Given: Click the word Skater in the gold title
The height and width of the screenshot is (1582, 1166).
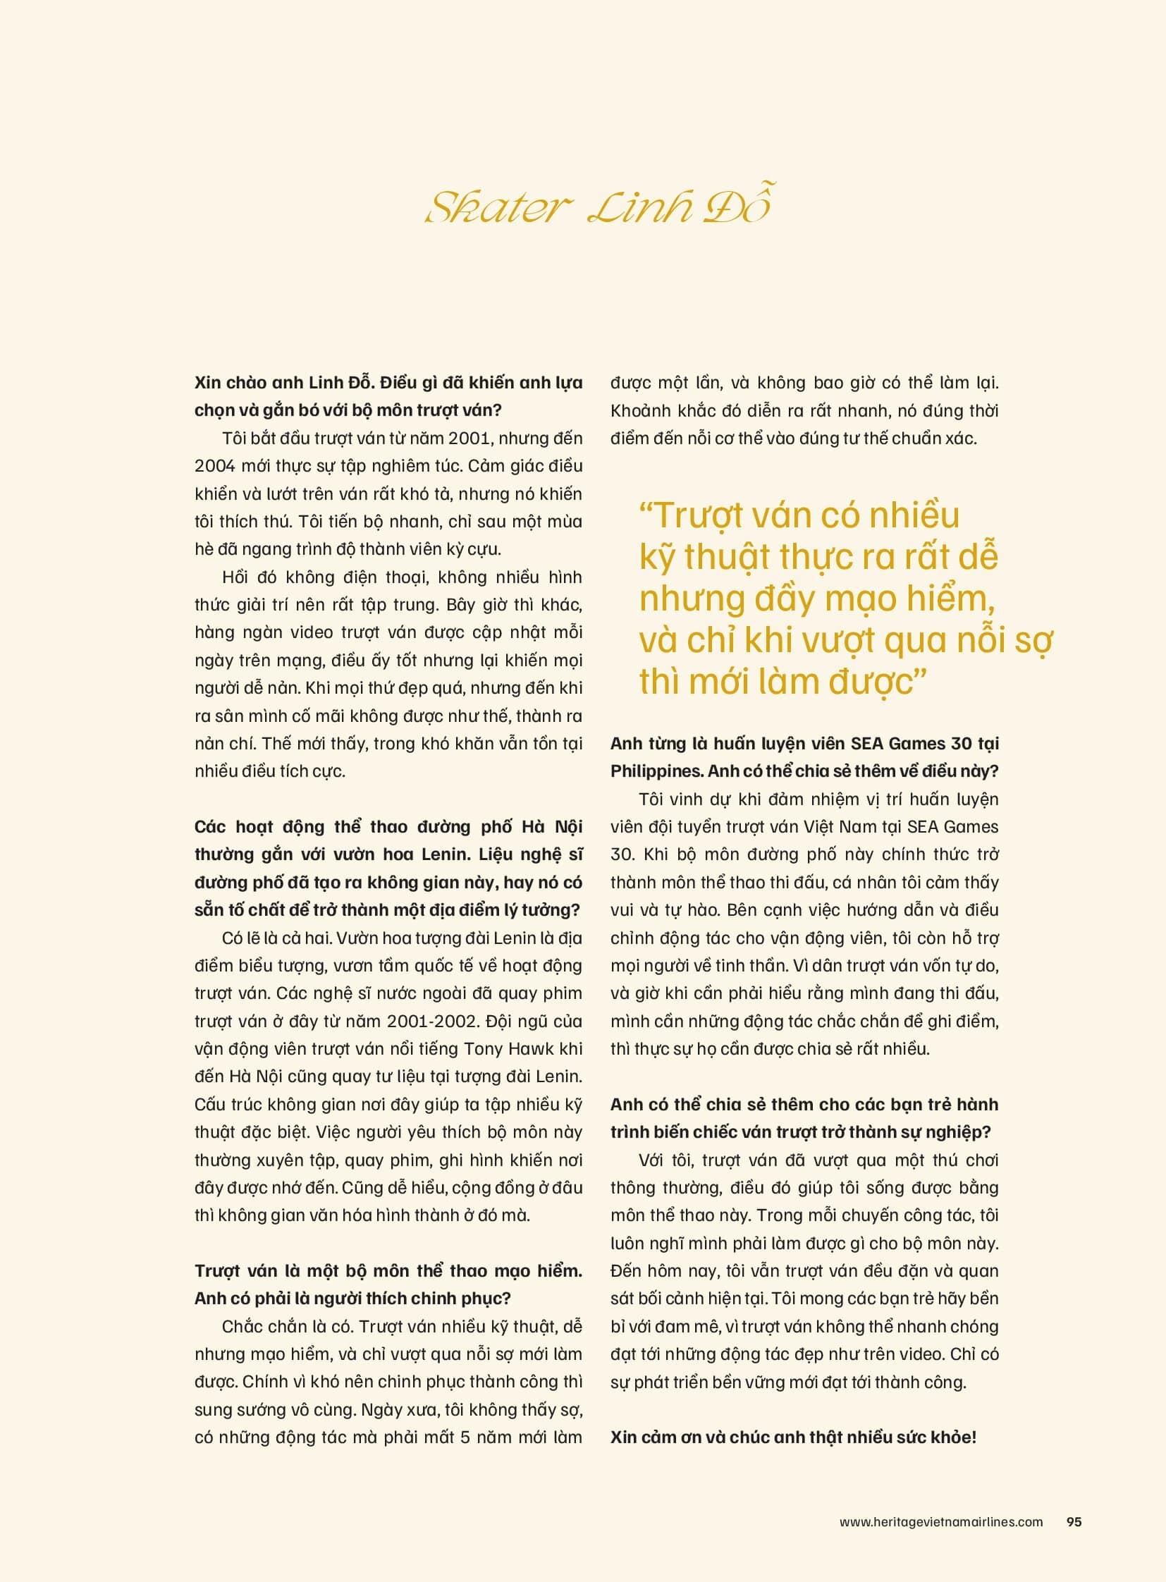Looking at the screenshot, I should pyautogui.click(x=498, y=207).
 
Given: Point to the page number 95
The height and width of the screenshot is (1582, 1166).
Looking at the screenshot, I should pyautogui.click(x=1074, y=1521).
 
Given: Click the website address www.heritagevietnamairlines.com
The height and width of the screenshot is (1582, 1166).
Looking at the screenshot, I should pyautogui.click(x=941, y=1521).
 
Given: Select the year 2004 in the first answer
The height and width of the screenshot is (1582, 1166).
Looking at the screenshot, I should pyautogui.click(x=214, y=466).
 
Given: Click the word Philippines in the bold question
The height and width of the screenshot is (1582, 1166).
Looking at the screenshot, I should pyautogui.click(x=656, y=771).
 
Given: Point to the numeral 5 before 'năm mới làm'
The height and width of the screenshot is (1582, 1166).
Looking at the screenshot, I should pyautogui.click(x=465, y=1437).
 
